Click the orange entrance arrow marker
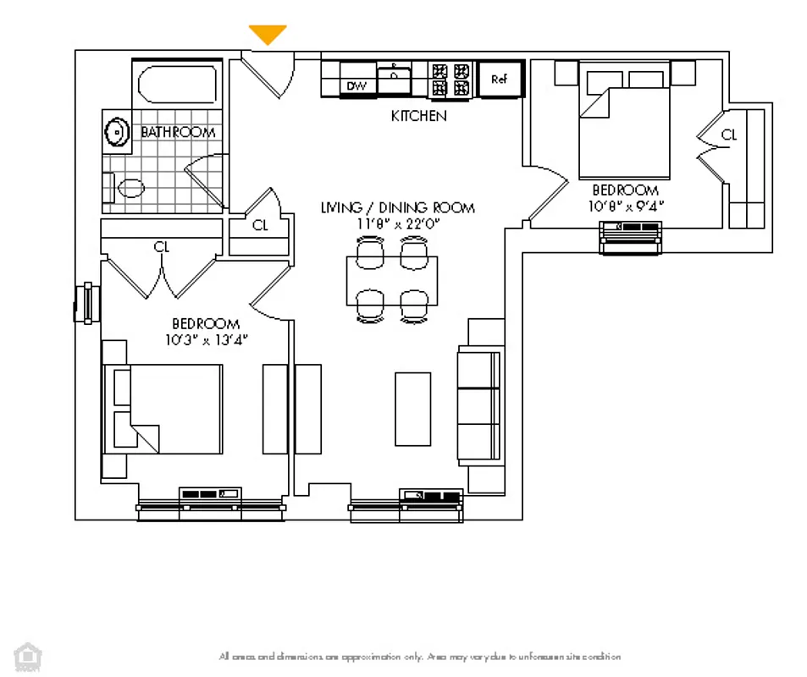pos(268,35)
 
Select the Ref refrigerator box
pos(499,80)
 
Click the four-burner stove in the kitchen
pos(449,79)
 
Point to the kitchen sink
pos(394,79)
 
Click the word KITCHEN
pos(418,116)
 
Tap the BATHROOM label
pos(178,132)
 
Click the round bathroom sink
pos(115,131)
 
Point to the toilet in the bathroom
pos(127,187)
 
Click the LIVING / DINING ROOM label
pos(397,207)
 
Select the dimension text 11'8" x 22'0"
pos(397,223)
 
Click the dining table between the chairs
pos(392,280)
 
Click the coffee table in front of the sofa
pos(412,409)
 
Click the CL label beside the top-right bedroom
pos(728,135)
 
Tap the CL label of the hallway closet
pos(260,225)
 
